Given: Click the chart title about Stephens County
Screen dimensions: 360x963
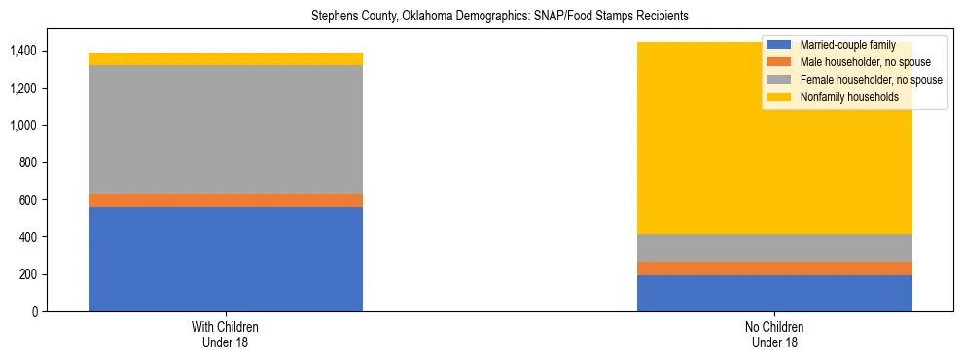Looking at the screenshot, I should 499,17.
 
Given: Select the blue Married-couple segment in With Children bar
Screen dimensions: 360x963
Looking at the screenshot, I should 225,259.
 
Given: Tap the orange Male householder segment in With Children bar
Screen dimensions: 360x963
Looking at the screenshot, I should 225,200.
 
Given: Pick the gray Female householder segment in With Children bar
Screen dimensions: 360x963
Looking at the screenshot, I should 225,129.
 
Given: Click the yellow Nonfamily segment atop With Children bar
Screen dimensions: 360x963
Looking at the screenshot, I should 225,58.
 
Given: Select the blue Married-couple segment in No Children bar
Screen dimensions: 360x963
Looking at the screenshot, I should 774,293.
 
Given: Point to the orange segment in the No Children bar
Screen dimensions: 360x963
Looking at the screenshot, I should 774,269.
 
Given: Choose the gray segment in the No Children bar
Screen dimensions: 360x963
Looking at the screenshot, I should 774,248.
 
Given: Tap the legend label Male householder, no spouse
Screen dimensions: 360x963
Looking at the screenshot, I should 867,62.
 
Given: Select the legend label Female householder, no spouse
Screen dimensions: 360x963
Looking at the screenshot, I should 871,80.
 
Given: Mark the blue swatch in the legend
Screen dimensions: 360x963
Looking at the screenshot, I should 779,45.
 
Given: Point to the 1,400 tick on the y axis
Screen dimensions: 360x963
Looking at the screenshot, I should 25,51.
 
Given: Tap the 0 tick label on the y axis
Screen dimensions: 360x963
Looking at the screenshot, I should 36,311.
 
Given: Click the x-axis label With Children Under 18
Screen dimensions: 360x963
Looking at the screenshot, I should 225,334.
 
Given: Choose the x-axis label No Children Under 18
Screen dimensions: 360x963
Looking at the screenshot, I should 774,334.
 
